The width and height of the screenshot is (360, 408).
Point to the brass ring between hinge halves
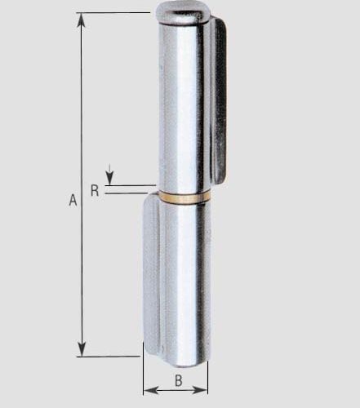pyautogui.click(x=181, y=197)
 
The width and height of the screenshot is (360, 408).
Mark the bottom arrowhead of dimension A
pyautogui.click(x=82, y=351)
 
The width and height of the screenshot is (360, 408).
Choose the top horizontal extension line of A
pyautogui.click(x=114, y=13)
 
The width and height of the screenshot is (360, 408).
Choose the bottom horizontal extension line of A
pyautogui.click(x=110, y=356)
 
